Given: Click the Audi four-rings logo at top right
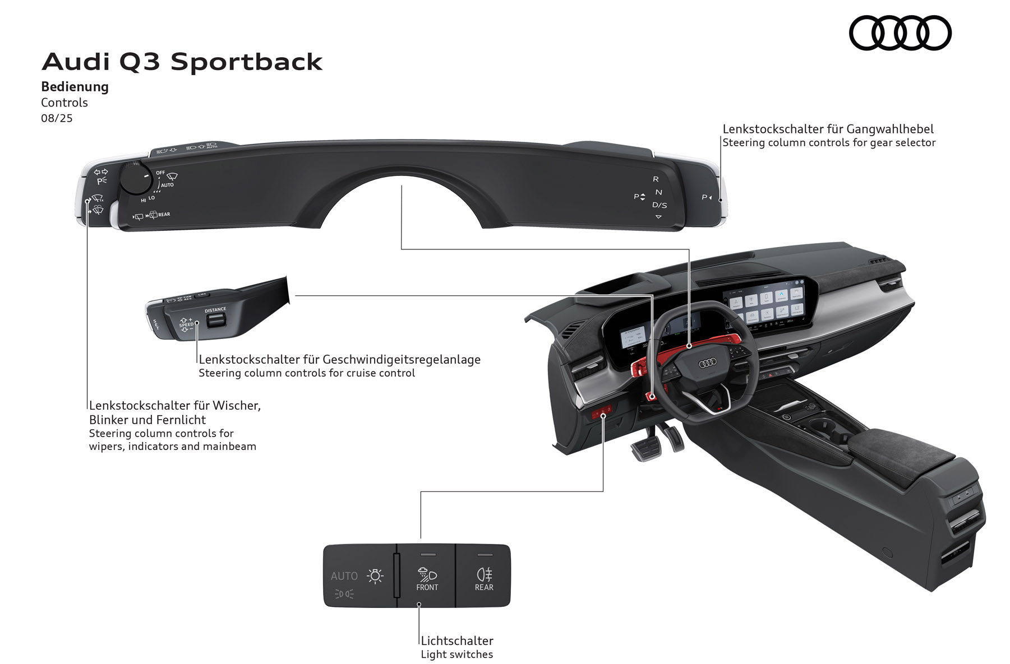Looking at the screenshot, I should coord(900,33).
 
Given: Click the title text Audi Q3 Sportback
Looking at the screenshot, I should coord(182,62).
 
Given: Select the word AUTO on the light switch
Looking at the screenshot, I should coord(344,576).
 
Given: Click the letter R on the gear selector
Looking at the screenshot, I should coord(656,179).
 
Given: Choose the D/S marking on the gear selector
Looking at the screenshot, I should coord(660,205).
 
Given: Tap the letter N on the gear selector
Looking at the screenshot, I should coord(658,192).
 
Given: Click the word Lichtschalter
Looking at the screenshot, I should coord(457,640).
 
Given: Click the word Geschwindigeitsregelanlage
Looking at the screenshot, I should coord(402,359).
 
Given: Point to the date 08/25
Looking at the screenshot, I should coord(57,118).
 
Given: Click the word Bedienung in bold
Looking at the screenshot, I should coord(75,87).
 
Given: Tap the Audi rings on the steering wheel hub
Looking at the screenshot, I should coord(707,364).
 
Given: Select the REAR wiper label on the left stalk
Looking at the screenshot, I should coord(164,215).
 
